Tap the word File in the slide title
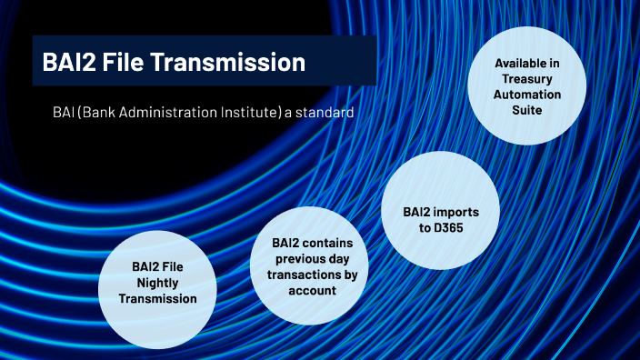(129, 63)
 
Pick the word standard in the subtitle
(325, 113)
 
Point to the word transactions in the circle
(309, 275)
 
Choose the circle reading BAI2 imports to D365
(440, 218)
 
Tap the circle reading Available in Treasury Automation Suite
(527, 86)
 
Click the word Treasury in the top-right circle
(528, 79)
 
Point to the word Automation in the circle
(528, 95)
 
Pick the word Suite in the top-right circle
(528, 110)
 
